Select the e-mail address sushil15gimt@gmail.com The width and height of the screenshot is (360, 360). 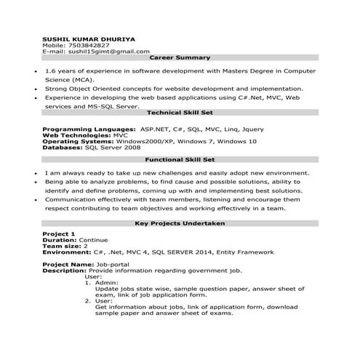click(x=108, y=52)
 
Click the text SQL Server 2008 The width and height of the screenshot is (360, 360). click(x=113, y=147)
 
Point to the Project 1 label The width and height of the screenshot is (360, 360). click(x=59, y=233)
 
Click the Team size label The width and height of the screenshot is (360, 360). click(x=61, y=246)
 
